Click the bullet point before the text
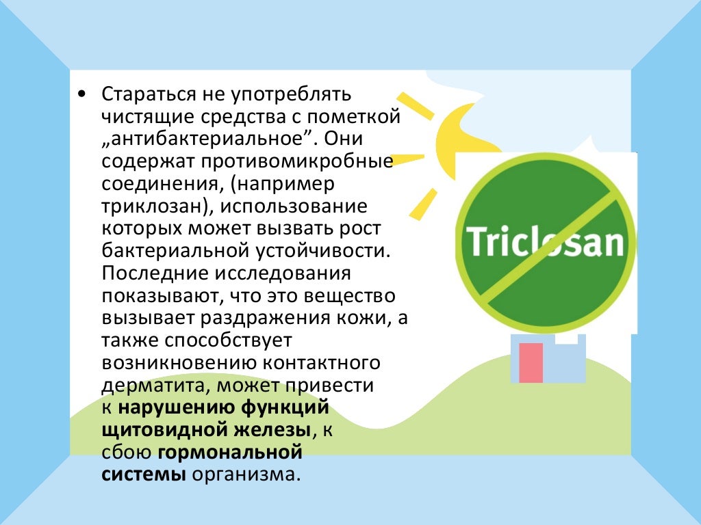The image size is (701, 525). tap(81, 94)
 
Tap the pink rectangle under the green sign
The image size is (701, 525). tap(531, 362)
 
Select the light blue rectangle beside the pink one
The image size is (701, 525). tap(565, 362)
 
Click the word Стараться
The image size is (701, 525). tap(144, 93)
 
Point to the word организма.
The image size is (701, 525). tap(246, 475)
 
